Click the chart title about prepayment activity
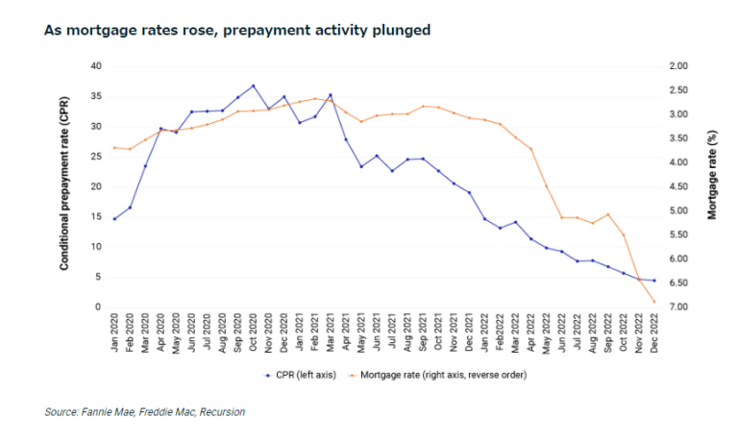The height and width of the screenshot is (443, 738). [236, 31]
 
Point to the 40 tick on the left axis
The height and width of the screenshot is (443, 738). [94, 66]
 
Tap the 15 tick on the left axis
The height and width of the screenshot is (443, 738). [94, 217]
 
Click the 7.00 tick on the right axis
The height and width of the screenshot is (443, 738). [678, 308]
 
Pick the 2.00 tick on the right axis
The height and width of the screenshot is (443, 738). [678, 66]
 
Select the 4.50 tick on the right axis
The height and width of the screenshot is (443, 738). [678, 186]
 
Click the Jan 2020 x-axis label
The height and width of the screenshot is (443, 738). [114, 332]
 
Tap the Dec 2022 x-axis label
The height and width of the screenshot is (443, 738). [654, 332]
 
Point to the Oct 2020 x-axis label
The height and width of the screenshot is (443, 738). [253, 332]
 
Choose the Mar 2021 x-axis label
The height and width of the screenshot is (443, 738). [331, 332]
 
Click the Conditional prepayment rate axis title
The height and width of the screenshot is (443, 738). [64, 186]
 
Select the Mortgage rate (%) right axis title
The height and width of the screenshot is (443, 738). [712, 186]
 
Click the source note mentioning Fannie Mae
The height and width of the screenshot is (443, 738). [144, 412]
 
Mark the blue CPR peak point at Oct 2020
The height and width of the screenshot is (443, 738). [253, 86]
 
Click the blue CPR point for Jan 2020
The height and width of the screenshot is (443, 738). [114, 219]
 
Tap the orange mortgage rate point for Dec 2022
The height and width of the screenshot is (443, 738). [654, 303]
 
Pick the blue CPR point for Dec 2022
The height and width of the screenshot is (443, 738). [654, 281]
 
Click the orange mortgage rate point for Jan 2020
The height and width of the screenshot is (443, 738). [114, 147]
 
